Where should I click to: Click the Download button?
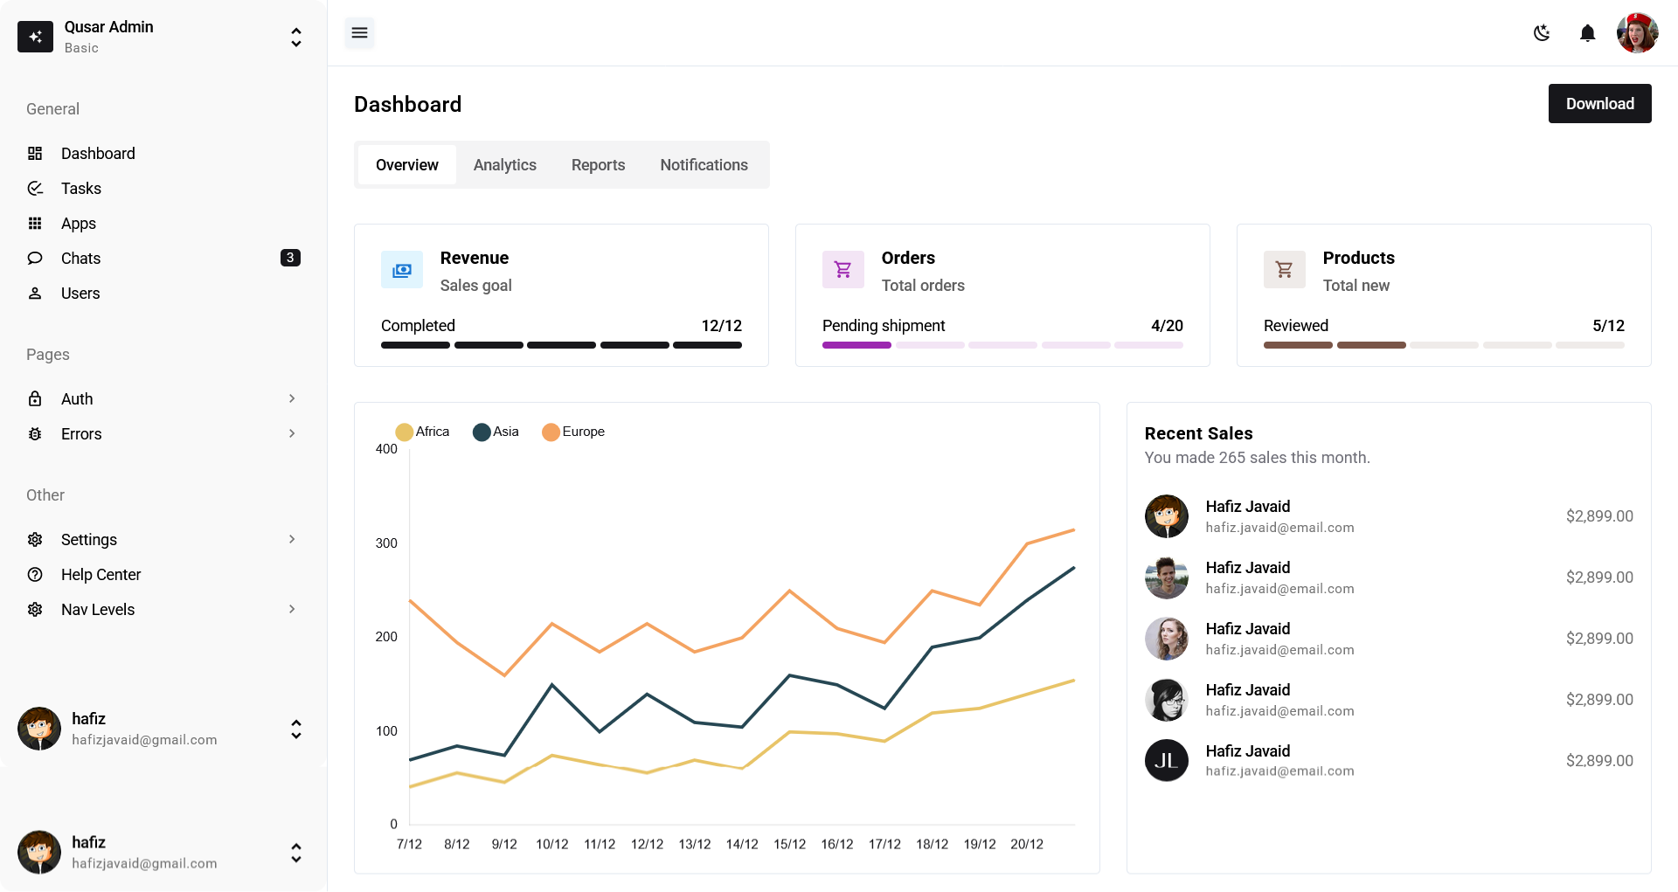pyautogui.click(x=1599, y=104)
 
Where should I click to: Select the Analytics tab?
pyautogui.click(x=504, y=165)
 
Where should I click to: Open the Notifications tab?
pyautogui.click(x=704, y=165)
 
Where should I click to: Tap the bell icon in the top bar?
pyautogui.click(x=1587, y=33)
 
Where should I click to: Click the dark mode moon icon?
pyautogui.click(x=1542, y=33)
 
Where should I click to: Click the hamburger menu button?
pyautogui.click(x=359, y=33)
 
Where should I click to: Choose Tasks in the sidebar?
pyautogui.click(x=81, y=189)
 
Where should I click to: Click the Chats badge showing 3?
pyautogui.click(x=290, y=258)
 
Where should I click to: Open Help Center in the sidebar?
pyautogui.click(x=101, y=575)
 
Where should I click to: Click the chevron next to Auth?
pyautogui.click(x=292, y=398)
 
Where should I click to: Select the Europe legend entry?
pyautogui.click(x=573, y=432)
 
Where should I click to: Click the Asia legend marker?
pyautogui.click(x=482, y=432)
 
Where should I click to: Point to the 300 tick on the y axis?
pyautogui.click(x=386, y=543)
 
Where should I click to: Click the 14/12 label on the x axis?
pyautogui.click(x=742, y=844)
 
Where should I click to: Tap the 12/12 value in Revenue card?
pyautogui.click(x=721, y=326)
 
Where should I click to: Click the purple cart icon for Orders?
pyautogui.click(x=842, y=270)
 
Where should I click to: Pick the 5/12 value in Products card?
pyautogui.click(x=1607, y=326)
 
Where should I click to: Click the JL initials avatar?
pyautogui.click(x=1166, y=760)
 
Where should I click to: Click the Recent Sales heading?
pyautogui.click(x=1198, y=433)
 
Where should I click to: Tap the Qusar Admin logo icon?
pyautogui.click(x=36, y=37)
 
